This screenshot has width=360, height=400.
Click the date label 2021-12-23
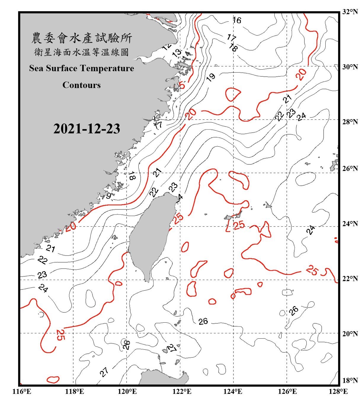(x=87, y=129)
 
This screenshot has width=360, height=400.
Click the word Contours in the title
(x=81, y=85)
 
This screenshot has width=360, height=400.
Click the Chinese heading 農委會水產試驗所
(x=81, y=38)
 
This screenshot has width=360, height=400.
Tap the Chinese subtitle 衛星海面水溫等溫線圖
(x=81, y=53)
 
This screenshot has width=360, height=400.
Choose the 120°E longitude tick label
(x=127, y=392)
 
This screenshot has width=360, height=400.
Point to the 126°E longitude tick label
(x=287, y=392)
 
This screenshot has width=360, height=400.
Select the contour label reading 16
(x=237, y=20)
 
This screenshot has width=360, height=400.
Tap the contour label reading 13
(x=177, y=53)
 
